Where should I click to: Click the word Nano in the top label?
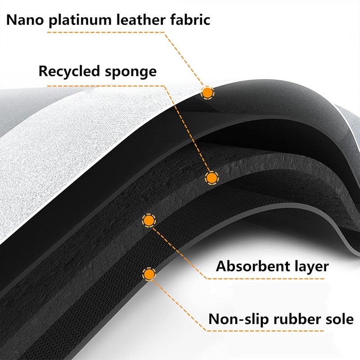click(25, 20)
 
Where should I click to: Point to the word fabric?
click(190, 19)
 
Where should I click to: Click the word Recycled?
click(69, 72)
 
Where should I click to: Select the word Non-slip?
click(239, 319)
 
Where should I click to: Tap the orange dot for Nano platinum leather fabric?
click(207, 93)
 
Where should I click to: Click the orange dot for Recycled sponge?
click(211, 178)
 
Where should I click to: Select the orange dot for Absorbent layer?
click(149, 220)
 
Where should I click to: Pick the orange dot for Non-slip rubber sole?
click(149, 274)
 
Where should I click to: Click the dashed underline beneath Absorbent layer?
click(265, 279)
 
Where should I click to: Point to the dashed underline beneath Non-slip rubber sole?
click(265, 331)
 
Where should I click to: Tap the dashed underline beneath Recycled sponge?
click(106, 86)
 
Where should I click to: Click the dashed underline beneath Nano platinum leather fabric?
click(106, 32)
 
